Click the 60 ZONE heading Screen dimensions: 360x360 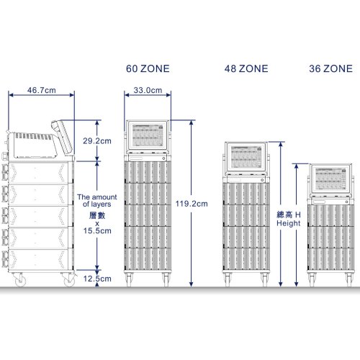148,68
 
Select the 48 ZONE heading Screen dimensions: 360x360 246,68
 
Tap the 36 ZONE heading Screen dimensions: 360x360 330,68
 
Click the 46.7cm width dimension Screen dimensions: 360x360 42,90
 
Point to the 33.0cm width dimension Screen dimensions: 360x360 148,90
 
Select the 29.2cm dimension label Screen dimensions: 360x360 97,141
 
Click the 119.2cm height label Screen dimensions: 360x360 192,204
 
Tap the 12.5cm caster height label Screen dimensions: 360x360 97,279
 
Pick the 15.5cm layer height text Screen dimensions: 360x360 97,230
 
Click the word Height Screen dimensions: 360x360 289,223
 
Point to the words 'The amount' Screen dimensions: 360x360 97,197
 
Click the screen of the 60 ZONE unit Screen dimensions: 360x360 148,135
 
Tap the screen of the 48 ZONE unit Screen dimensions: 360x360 246,157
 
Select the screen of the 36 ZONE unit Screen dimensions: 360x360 330,179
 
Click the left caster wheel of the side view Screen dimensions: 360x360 20,280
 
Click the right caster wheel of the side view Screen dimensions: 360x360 69,280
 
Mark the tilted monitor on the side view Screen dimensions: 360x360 61,137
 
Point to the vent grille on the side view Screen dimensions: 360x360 34,137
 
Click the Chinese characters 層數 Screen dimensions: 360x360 97,215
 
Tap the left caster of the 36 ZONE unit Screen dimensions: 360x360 312,279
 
